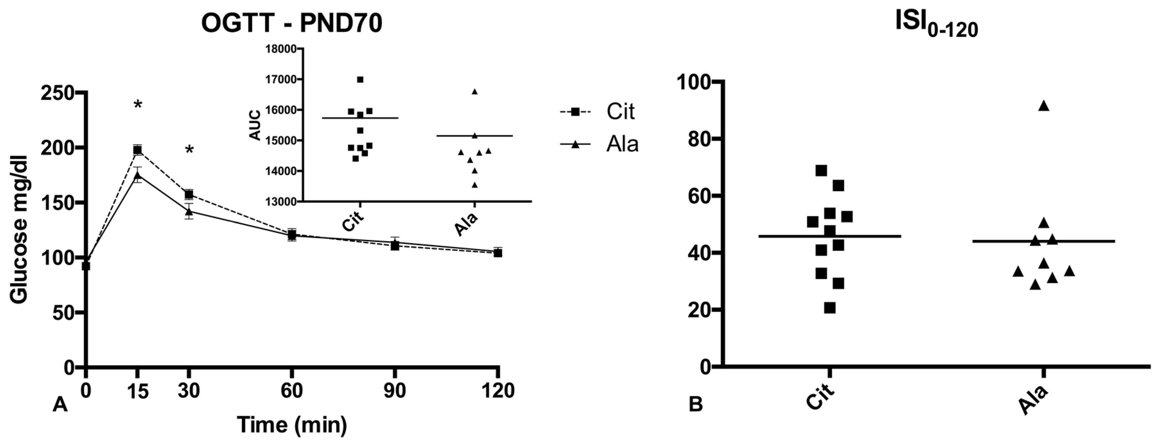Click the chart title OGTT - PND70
point(291,24)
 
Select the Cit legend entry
point(620,112)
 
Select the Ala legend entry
point(622,144)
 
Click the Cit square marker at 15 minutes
point(137,150)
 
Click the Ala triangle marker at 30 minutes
point(189,211)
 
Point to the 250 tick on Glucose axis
point(63,93)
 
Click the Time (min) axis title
point(292,424)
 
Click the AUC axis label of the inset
point(255,125)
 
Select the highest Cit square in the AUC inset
point(360,80)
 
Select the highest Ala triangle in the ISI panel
point(1043,106)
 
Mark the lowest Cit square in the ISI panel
point(830,308)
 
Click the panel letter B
point(696,405)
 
